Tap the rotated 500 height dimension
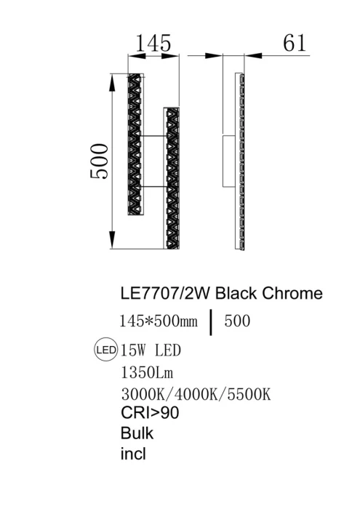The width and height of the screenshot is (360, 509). pyautogui.click(x=100, y=161)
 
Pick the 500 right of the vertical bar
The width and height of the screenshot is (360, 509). pyautogui.click(x=238, y=321)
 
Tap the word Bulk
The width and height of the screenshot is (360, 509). pyautogui.click(x=137, y=433)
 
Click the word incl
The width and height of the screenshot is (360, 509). pyautogui.click(x=132, y=454)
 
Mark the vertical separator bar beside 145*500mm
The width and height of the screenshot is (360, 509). pyautogui.click(x=212, y=321)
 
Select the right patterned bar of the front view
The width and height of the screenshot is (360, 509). pyautogui.click(x=171, y=178)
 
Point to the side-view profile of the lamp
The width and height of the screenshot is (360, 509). pyautogui.click(x=239, y=161)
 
